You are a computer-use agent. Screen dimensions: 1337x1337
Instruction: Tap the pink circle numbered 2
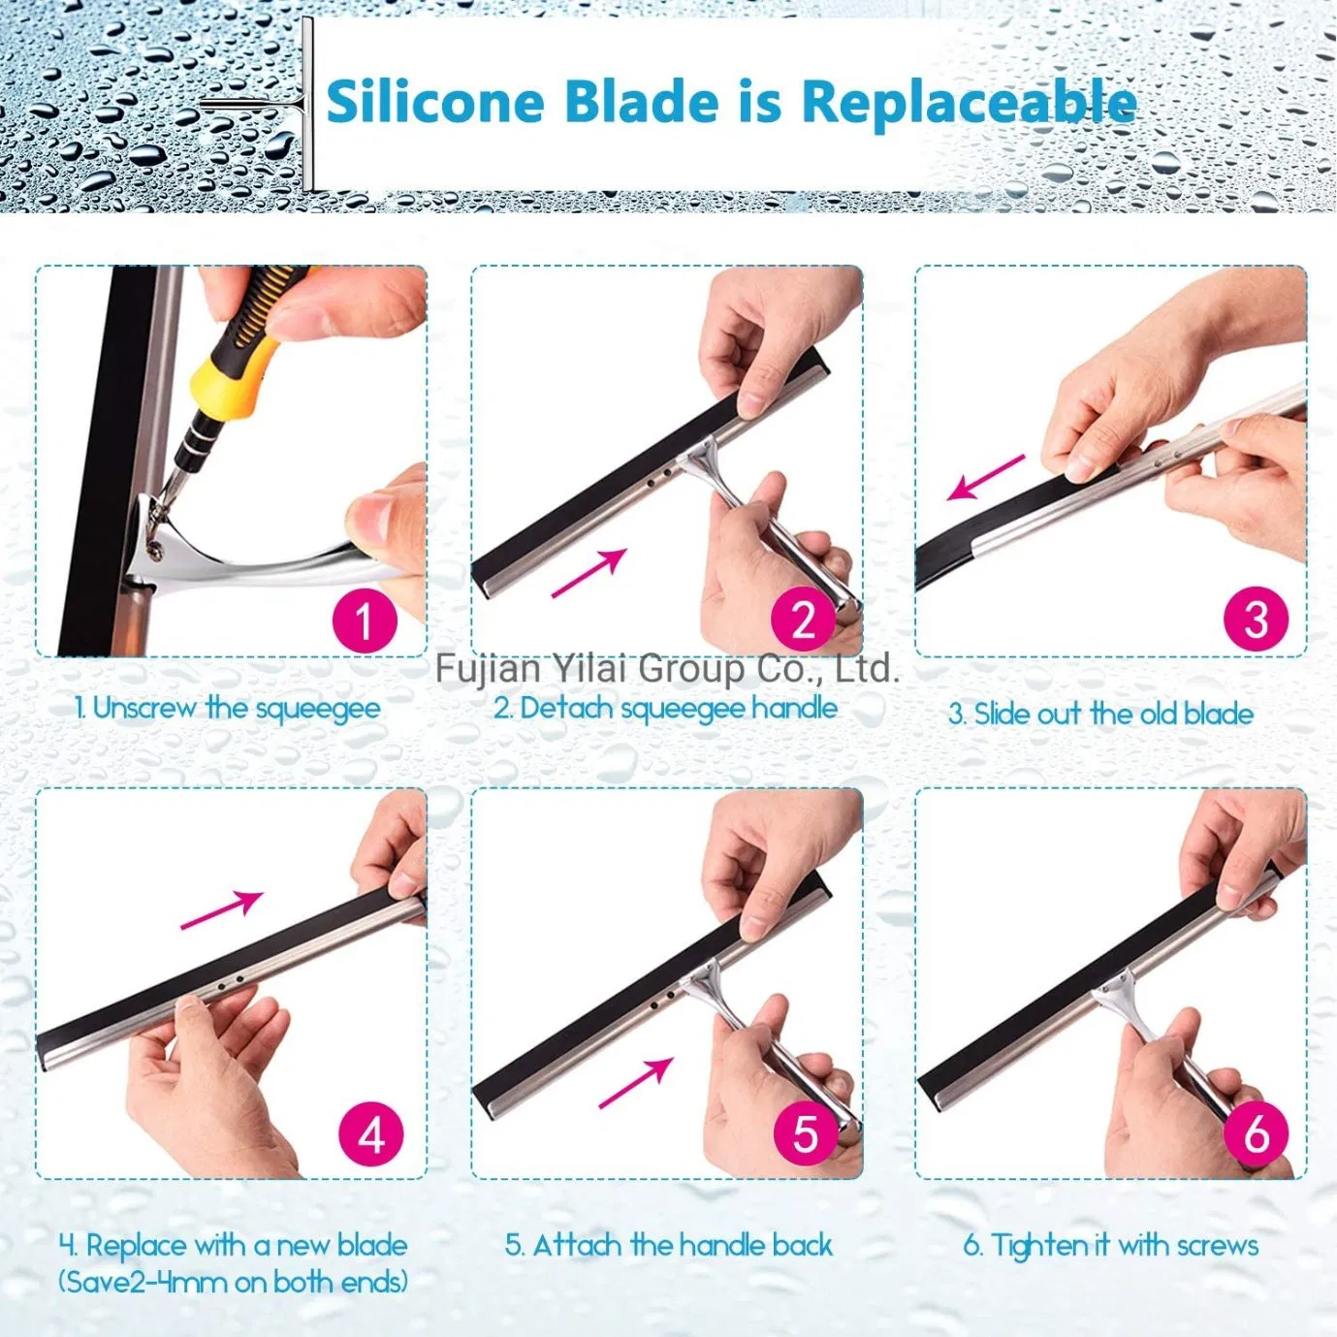(x=804, y=621)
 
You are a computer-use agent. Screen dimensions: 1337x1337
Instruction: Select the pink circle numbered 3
(x=1256, y=620)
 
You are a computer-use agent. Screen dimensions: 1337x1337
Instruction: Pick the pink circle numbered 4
(x=371, y=1134)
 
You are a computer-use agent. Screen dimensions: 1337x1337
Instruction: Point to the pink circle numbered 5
(x=806, y=1133)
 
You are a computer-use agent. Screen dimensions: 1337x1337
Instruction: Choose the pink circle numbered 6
(x=1257, y=1133)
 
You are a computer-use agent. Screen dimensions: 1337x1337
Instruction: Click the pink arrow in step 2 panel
(x=589, y=573)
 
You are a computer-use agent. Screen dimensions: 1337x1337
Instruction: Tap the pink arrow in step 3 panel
(x=985, y=477)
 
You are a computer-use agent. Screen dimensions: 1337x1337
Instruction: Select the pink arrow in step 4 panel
(x=221, y=910)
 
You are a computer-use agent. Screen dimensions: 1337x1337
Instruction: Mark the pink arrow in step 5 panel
(x=635, y=1082)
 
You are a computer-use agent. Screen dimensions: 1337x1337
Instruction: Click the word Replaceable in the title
(x=969, y=102)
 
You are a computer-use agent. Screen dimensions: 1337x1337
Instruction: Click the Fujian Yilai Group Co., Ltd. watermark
(x=667, y=668)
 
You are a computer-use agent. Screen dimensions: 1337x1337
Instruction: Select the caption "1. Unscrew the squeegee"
(x=228, y=709)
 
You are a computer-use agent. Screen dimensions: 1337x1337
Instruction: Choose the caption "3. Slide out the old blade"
(x=1100, y=715)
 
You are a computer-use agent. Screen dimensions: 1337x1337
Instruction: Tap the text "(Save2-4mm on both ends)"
(x=233, y=1282)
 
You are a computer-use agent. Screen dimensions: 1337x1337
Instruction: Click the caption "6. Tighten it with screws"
(x=1111, y=1245)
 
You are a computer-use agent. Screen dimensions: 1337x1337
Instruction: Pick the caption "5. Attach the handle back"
(x=669, y=1245)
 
